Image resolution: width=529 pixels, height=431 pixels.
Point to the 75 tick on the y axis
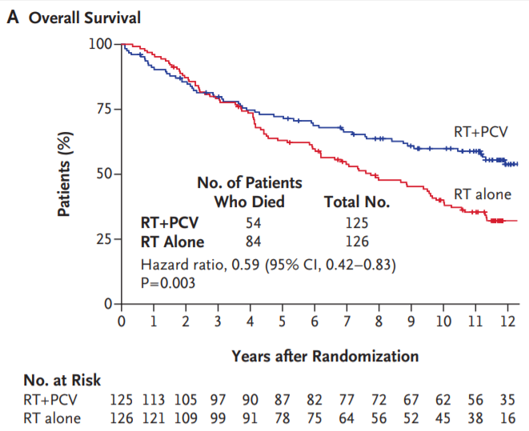[102, 109]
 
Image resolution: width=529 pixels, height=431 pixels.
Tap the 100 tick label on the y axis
[99, 43]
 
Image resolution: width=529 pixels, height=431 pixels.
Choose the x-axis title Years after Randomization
[325, 355]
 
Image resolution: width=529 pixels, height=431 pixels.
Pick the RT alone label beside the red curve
[482, 194]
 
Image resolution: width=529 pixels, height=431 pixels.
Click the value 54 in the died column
[253, 222]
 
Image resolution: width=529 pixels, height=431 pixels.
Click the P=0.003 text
[169, 281]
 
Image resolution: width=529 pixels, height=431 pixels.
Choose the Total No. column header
[357, 202]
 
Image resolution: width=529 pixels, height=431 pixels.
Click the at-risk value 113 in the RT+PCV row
[149, 397]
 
